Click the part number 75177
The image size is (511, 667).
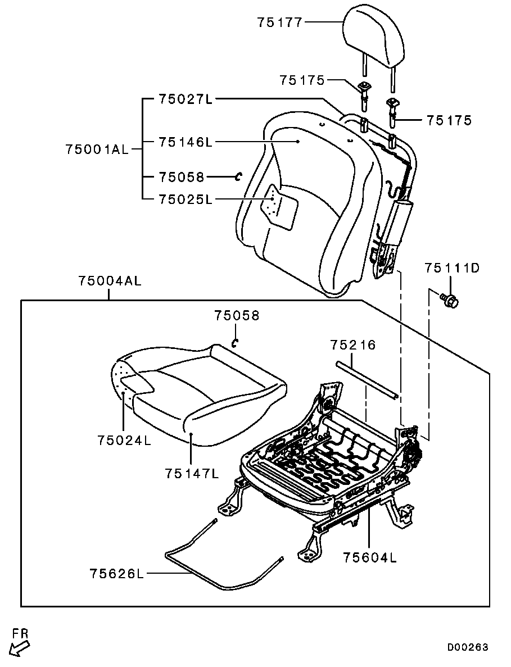pos(279,22)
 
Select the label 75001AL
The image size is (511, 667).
pos(97,149)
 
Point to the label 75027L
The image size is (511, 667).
pos(186,99)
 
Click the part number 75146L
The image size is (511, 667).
pos(186,142)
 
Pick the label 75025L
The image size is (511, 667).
pos(186,199)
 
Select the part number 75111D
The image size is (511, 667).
pos(452,268)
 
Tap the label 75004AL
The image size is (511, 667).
pos(110,281)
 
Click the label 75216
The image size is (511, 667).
pos(353,344)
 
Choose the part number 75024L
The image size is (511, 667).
pos(124,440)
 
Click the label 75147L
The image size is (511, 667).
pos(192,473)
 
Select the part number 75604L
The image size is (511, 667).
pos(370,557)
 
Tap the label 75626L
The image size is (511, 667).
pos(116,573)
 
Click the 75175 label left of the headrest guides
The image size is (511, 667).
pos(302,80)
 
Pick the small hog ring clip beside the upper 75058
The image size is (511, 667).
pos(239,176)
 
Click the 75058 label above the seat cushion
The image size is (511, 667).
pos(237,315)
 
